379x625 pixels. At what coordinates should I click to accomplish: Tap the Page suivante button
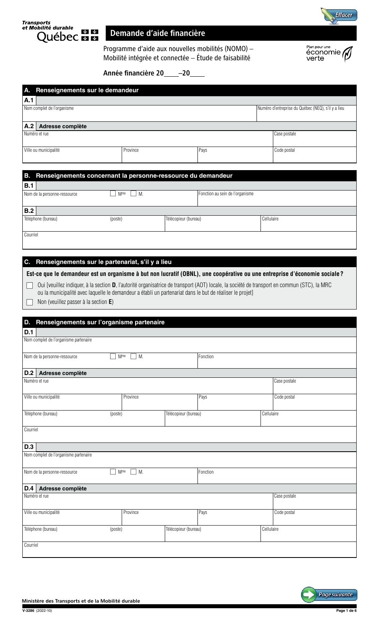click(x=329, y=595)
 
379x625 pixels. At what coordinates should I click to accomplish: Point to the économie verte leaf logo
click(x=348, y=54)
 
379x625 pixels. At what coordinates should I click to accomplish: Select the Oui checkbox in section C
click(x=30, y=286)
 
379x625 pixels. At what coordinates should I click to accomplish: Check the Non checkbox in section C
click(x=30, y=302)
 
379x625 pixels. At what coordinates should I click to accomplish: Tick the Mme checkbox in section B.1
click(x=113, y=194)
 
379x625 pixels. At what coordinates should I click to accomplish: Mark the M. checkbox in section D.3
click(x=134, y=472)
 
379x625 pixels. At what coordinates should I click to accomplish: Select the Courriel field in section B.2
click(x=189, y=242)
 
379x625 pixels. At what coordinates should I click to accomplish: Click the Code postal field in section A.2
click(x=314, y=157)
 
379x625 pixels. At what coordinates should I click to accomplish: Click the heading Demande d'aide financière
click(x=158, y=34)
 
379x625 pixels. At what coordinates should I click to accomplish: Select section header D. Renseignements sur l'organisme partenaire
click(x=100, y=322)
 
